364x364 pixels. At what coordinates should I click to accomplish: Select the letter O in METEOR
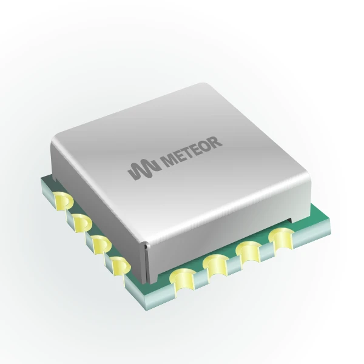click(x=205, y=146)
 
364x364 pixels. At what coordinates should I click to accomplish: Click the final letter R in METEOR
click(x=215, y=142)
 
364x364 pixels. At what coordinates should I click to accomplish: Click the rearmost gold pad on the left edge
click(x=63, y=201)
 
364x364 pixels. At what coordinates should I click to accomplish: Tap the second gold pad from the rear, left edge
click(x=83, y=223)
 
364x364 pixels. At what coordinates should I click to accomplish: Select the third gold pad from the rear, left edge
click(x=101, y=244)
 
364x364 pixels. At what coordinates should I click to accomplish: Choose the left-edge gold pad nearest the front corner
click(x=121, y=266)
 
